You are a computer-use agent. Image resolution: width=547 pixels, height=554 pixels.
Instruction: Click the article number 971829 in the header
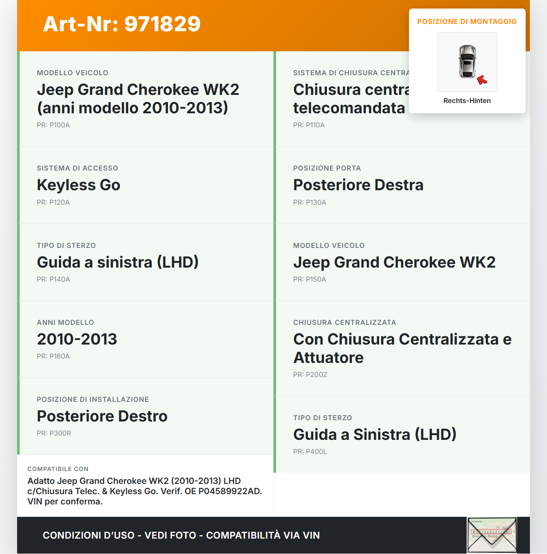162,24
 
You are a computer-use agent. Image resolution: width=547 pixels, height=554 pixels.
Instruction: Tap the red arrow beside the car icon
482,80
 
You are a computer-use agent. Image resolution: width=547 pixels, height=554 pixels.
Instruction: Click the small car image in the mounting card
467,62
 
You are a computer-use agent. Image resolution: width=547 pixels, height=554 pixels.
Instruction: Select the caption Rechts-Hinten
467,101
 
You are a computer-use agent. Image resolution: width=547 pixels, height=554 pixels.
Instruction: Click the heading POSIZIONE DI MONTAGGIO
467,22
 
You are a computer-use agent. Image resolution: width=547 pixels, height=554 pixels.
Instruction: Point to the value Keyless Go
79,185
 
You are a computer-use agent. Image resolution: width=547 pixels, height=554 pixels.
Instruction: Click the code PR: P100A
53,125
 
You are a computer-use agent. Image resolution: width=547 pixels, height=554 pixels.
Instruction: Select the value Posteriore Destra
358,185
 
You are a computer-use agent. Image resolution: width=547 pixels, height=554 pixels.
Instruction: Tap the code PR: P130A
309,203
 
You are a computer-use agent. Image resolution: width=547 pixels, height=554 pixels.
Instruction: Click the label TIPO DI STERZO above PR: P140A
66,246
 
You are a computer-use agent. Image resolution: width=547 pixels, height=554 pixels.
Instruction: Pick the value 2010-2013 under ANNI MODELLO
77,339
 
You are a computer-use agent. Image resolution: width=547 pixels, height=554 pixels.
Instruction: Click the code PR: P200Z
310,375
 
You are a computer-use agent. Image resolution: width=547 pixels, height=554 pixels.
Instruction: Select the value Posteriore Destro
102,416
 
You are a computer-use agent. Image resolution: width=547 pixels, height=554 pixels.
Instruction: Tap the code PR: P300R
54,433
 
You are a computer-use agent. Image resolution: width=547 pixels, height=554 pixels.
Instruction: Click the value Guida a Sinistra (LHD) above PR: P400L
375,435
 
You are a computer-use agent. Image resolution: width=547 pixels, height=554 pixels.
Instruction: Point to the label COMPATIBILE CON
58,469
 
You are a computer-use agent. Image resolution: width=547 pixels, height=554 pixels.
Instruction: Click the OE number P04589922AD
230,491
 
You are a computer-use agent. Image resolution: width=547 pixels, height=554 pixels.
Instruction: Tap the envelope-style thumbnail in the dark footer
492,535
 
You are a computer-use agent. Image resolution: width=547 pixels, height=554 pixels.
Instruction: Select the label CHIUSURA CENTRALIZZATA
344,323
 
